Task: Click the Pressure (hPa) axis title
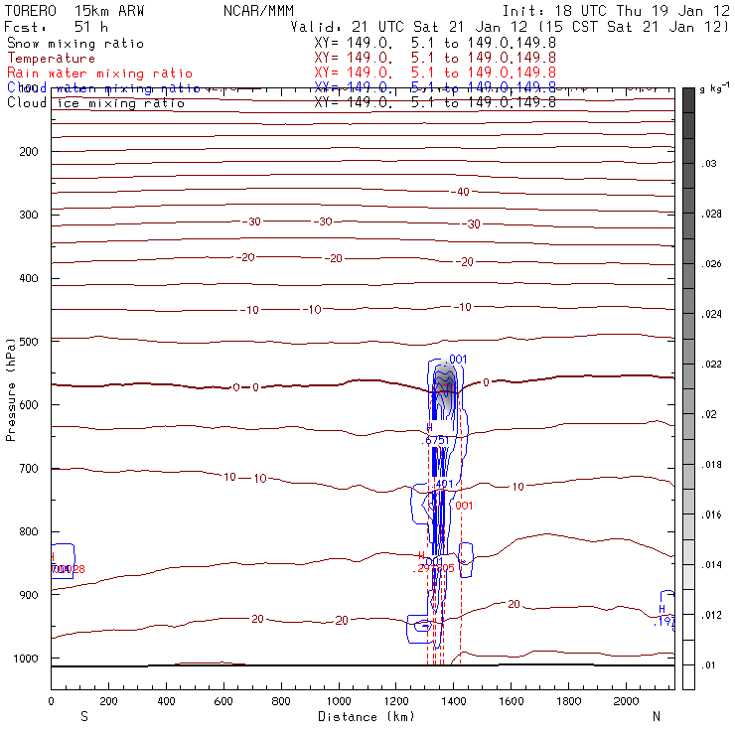[11, 388]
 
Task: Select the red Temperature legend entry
[52, 59]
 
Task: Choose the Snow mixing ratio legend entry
[75, 44]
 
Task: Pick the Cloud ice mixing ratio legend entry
[95, 103]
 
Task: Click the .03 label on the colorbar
[710, 163]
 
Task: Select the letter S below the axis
[83, 716]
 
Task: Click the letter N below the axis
[657, 716]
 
